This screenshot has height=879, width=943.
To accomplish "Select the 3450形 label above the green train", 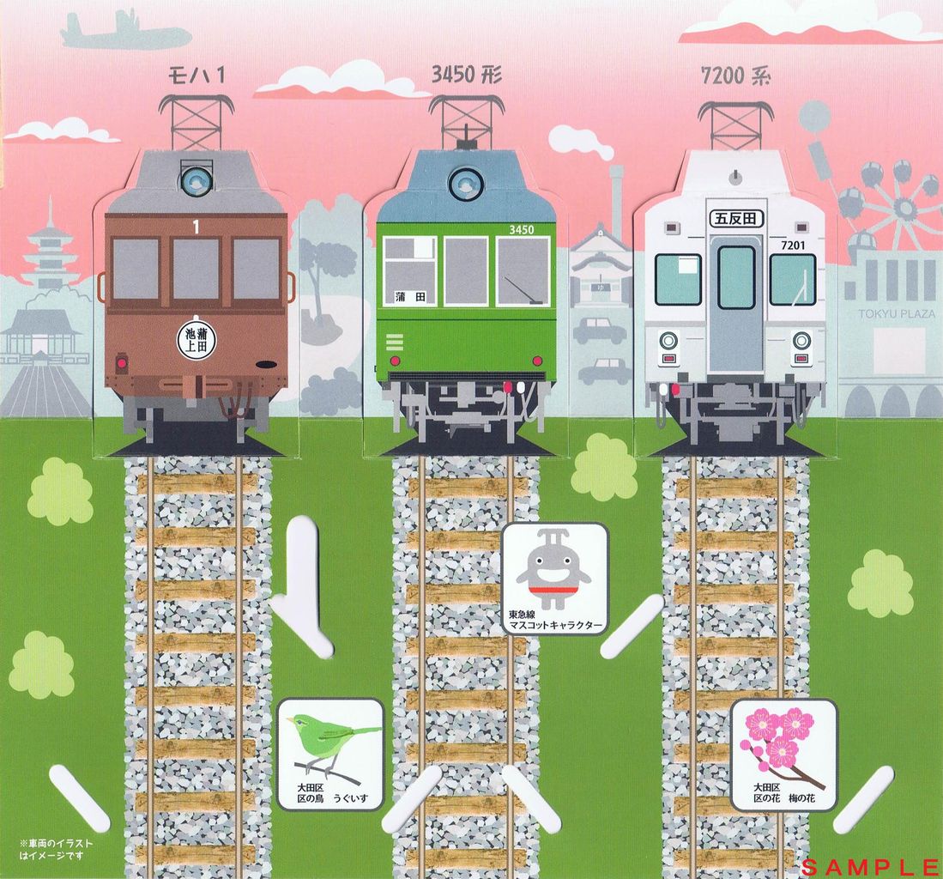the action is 467,76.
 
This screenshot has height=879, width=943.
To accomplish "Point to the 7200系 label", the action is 735,76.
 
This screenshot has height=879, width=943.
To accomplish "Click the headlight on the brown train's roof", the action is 196,180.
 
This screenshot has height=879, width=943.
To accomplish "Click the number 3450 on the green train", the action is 521,229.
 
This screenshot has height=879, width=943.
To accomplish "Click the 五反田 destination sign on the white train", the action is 736,220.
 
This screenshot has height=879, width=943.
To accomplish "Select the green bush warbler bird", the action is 326,735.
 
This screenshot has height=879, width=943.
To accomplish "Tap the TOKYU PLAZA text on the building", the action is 898,314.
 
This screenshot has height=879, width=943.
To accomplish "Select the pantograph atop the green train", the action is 466,120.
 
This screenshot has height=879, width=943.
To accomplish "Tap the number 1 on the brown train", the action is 196,227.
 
